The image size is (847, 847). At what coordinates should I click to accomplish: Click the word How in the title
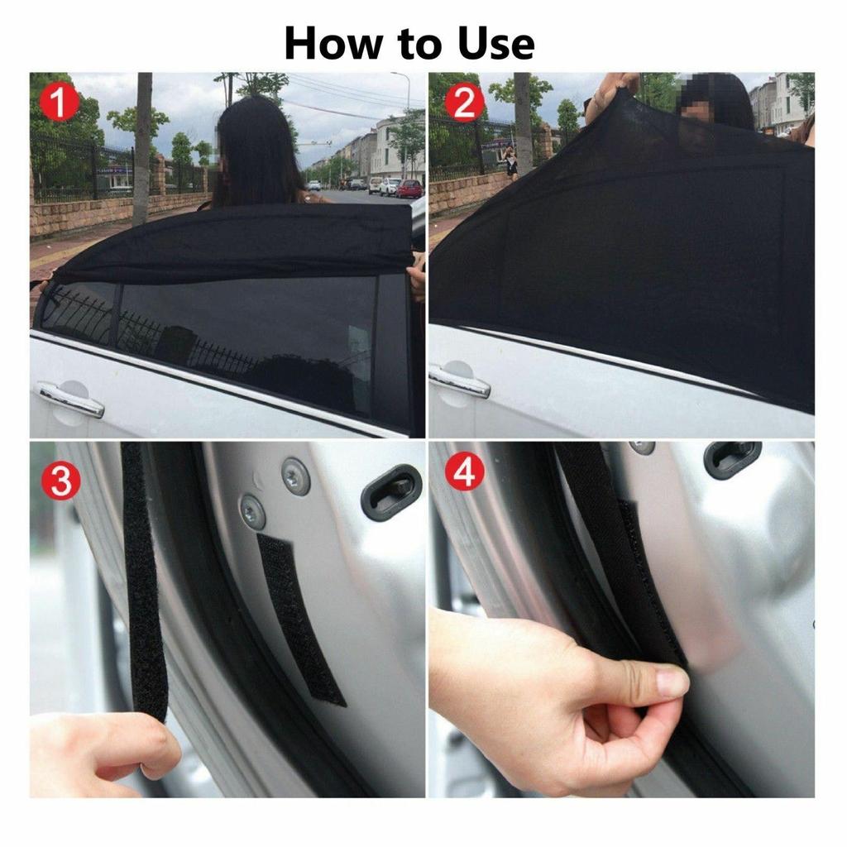pyautogui.click(x=334, y=44)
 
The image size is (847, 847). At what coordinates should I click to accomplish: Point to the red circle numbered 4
pyautogui.click(x=465, y=473)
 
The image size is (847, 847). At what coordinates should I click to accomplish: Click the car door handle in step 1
pyautogui.click(x=71, y=400)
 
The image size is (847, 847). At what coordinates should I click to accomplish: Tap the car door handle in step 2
pyautogui.click(x=459, y=382)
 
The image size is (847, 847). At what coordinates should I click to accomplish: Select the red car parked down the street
pyautogui.click(x=409, y=189)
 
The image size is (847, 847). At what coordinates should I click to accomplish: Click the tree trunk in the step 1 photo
pyautogui.click(x=143, y=149)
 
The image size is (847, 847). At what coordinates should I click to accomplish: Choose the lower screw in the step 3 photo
pyautogui.click(x=252, y=511)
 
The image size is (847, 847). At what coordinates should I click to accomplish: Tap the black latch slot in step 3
pyautogui.click(x=391, y=492)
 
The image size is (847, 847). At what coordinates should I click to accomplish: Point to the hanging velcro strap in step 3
pyautogui.click(x=142, y=579)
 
